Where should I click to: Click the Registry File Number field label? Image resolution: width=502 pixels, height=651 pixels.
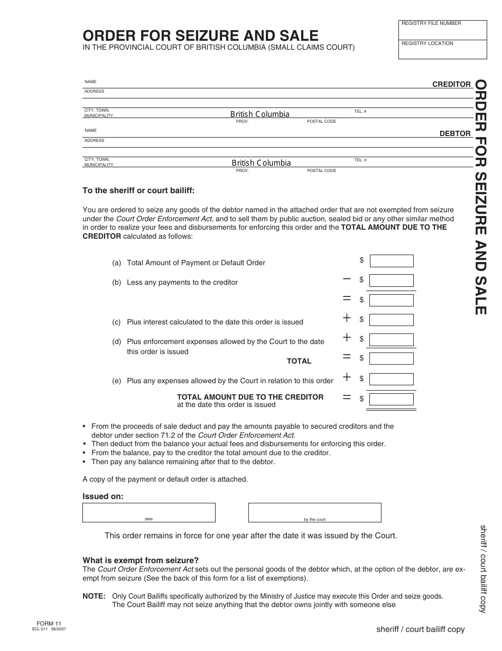(431, 23)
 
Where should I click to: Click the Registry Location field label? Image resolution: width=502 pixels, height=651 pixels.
(427, 43)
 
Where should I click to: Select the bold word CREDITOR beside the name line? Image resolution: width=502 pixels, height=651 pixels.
(451, 84)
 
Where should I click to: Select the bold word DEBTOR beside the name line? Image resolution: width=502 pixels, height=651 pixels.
(455, 133)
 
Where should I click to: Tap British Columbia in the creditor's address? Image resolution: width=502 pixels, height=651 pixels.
(259, 114)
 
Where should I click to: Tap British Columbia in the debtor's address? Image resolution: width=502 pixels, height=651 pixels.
(261, 163)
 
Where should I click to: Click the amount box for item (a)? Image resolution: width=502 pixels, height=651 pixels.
(391, 261)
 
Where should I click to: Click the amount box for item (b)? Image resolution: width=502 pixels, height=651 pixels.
(391, 281)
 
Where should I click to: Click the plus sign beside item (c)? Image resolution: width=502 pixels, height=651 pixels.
(347, 318)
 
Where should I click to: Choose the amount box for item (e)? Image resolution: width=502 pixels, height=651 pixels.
(391, 379)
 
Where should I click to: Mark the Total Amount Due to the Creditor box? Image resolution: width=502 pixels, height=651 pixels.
(391, 399)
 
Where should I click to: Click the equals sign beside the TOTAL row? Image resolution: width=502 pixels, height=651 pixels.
(347, 357)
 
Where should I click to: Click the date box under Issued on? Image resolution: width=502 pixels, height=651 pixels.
(148, 512)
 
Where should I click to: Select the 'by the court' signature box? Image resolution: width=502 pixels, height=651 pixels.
(314, 512)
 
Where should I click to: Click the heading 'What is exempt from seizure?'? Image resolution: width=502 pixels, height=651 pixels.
(141, 560)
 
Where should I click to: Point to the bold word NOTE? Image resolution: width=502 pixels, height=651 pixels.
(94, 596)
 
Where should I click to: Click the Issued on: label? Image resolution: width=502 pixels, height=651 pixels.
(103, 496)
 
